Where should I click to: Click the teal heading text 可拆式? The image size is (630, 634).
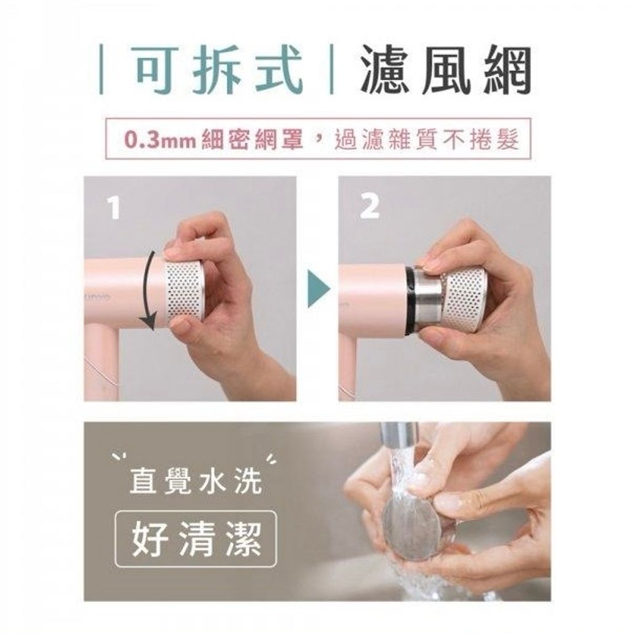click(x=219, y=69)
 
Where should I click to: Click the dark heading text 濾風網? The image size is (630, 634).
click(x=446, y=69)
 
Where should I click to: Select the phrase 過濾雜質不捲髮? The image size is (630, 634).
click(x=427, y=140)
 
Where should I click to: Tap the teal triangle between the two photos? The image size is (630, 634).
click(x=319, y=288)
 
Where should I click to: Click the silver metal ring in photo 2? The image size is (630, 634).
click(x=428, y=301)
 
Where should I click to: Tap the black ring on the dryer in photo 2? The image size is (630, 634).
click(x=410, y=301)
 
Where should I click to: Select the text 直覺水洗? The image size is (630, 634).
click(x=196, y=481)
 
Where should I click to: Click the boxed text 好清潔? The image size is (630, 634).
click(x=196, y=539)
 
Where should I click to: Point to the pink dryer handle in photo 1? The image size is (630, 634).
click(x=100, y=362)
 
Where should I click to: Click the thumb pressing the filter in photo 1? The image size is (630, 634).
click(x=183, y=253)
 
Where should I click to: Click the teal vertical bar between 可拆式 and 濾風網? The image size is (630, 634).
click(x=332, y=69)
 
